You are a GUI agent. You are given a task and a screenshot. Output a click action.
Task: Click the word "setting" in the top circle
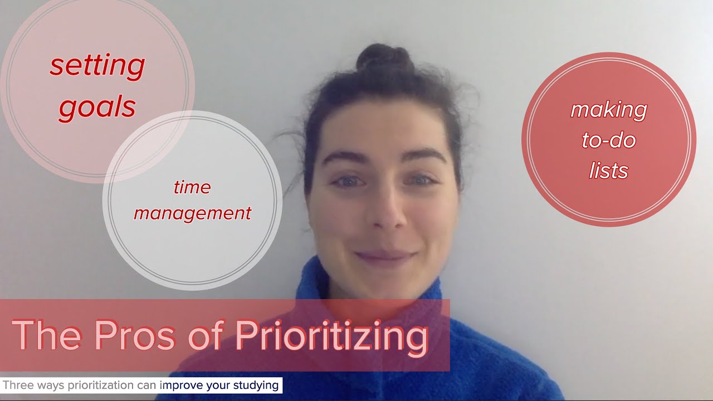coord(97,66)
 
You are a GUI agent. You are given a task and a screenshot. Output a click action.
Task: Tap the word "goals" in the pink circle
coord(97,106)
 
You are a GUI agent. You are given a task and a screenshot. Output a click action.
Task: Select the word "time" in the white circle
coord(192,187)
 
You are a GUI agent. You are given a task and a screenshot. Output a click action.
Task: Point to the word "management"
coord(192,213)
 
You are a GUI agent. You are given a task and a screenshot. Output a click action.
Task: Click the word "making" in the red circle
coord(608,110)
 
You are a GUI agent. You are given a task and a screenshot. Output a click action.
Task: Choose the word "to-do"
coord(608,140)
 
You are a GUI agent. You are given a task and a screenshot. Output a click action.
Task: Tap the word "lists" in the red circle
coord(608,170)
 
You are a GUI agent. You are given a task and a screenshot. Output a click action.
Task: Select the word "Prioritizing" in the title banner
coord(331,336)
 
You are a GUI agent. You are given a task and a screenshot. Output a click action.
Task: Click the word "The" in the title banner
coord(47,335)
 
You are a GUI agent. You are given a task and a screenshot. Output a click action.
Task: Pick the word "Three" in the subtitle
coord(17,385)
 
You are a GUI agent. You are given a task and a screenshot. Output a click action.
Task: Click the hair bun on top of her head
coord(384,58)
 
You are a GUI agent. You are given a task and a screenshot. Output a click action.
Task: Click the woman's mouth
coord(386,257)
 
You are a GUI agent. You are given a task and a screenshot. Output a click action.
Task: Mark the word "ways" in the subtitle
coord(50,385)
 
